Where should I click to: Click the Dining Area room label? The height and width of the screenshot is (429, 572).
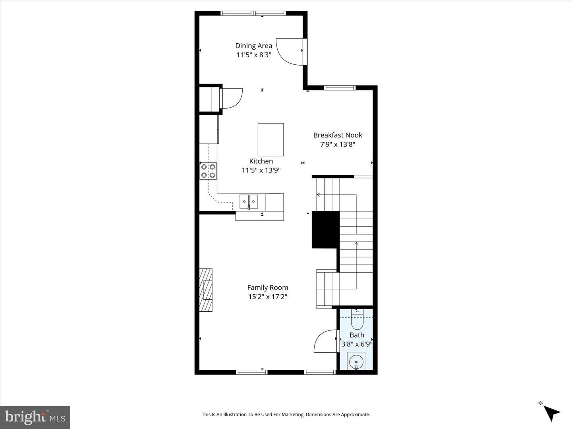point(253,46)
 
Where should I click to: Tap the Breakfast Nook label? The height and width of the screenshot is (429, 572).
point(338,135)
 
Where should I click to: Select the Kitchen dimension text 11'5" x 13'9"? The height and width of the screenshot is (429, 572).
point(261,170)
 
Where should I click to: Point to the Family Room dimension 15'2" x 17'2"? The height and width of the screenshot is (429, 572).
point(267,297)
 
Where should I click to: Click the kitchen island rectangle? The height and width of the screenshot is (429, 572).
point(271,139)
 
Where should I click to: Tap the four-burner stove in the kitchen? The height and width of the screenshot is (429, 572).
point(208,171)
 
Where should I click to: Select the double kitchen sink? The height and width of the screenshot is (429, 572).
point(249,201)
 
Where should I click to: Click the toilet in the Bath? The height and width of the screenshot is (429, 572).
point(357,321)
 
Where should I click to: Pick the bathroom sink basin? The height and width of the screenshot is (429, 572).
point(356,361)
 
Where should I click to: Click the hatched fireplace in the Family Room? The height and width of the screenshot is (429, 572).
point(206,290)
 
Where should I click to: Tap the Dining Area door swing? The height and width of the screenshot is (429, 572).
point(289,51)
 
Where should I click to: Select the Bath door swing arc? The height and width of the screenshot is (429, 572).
point(325,341)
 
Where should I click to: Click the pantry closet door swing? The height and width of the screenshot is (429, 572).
point(232,98)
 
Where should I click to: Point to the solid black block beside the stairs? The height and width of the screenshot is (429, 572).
point(325,230)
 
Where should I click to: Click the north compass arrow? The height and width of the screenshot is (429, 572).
point(551,412)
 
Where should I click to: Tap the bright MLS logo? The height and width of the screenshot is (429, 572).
point(35,417)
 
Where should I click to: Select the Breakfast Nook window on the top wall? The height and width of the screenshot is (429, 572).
point(339,88)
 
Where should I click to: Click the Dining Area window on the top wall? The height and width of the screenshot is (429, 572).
point(253,13)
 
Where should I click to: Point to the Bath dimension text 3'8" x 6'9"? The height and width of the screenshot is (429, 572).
point(357,344)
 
